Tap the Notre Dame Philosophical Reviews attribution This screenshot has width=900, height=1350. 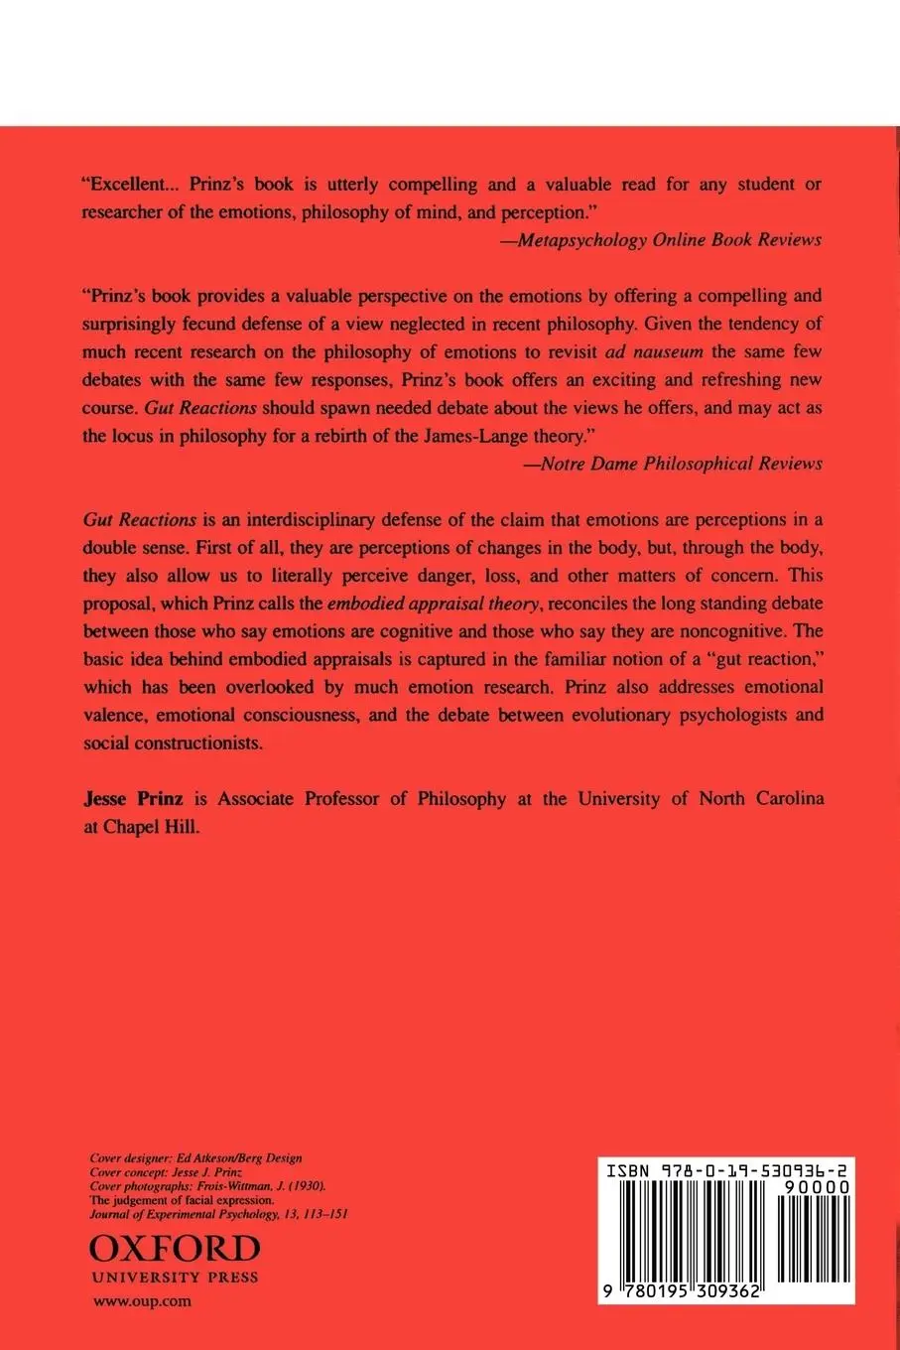[x=673, y=464]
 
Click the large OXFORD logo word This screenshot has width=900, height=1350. [x=175, y=1249]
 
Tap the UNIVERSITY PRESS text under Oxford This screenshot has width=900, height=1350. [x=175, y=1278]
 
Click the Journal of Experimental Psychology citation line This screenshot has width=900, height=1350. [x=217, y=1213]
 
